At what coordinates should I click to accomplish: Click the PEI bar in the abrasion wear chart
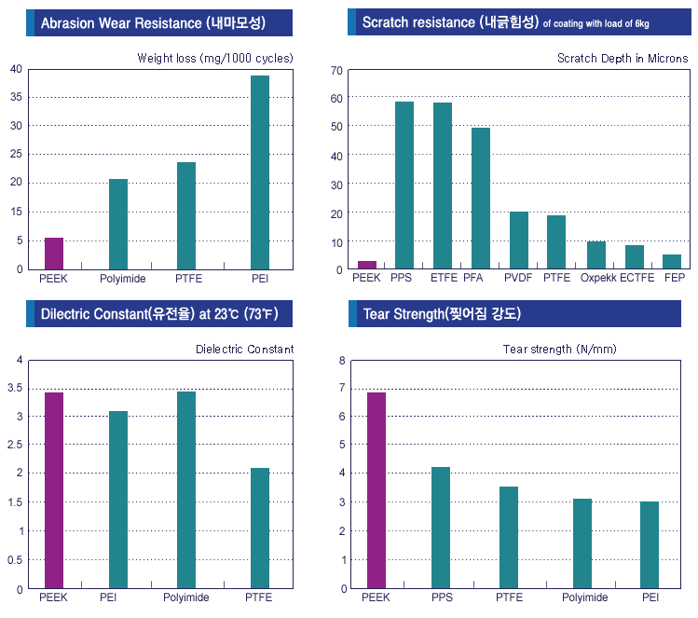(259, 172)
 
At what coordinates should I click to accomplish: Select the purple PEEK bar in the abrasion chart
(54, 254)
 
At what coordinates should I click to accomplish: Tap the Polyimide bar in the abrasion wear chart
(118, 224)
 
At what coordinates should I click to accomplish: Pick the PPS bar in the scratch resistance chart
(404, 185)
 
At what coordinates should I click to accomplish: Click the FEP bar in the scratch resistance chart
(672, 262)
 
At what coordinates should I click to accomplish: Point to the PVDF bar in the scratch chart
(519, 240)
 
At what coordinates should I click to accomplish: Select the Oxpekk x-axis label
(597, 278)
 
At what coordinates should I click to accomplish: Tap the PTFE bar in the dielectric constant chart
(259, 529)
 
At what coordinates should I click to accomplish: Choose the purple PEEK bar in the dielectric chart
(54, 490)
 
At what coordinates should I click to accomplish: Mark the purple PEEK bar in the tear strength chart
(376, 490)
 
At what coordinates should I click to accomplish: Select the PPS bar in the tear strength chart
(441, 528)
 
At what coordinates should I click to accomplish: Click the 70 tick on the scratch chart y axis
(336, 70)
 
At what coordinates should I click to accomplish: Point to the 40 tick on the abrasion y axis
(16, 69)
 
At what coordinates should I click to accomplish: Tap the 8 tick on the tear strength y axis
(341, 360)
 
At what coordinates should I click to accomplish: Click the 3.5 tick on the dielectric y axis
(14, 388)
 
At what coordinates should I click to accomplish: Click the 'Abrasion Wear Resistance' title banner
(159, 22)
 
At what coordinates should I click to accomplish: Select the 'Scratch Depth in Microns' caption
(622, 58)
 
